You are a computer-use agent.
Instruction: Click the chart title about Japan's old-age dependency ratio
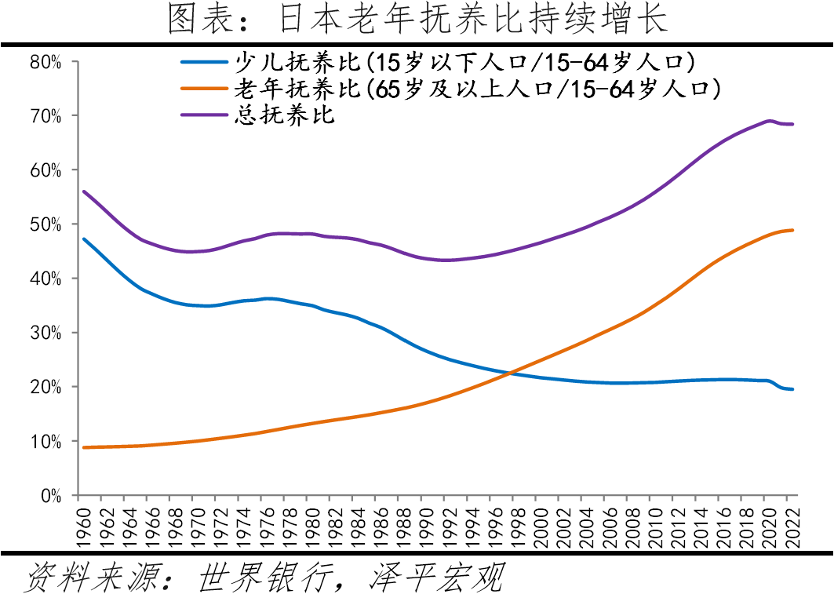pos(417,20)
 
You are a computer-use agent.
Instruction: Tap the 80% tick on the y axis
pos(45,61)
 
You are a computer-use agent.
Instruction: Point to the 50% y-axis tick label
pos(45,224)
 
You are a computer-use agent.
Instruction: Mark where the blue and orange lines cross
pos(513,372)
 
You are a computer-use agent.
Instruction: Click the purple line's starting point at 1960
pos(84,191)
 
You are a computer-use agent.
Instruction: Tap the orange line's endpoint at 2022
pos(793,230)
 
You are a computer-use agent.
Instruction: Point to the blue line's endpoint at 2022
pos(793,389)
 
